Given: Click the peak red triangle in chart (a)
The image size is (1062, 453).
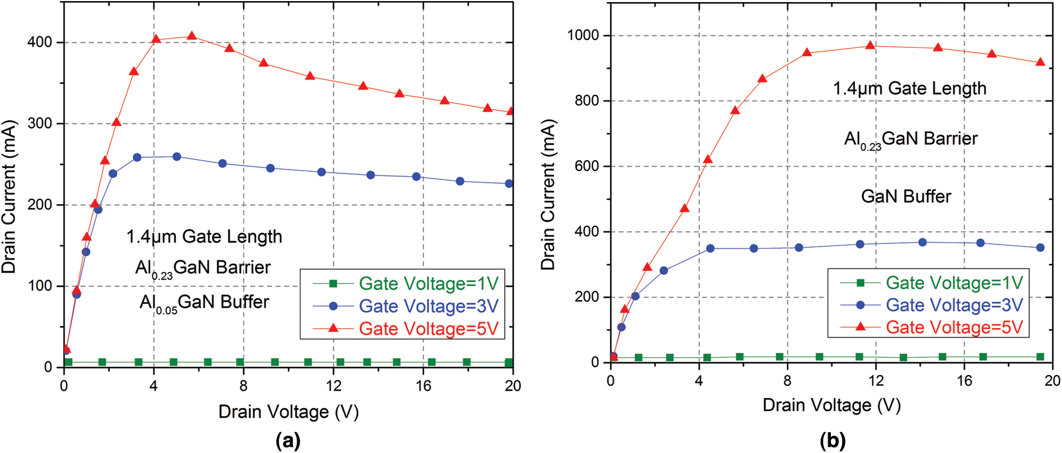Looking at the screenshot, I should point(191,36).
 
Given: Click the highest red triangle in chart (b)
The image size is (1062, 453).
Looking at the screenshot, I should point(870,46).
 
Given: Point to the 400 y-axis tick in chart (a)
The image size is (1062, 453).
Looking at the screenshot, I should point(40,42).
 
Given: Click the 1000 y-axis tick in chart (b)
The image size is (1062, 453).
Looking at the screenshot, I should point(583,35).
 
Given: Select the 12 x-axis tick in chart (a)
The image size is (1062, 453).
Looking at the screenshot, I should point(333,386).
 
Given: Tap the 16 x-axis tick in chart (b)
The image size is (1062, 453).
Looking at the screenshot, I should point(964,381).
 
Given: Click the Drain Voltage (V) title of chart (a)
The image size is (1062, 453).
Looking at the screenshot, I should point(288,412).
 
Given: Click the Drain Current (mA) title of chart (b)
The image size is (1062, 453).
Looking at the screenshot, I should point(548,194).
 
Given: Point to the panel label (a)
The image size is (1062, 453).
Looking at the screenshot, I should point(288,441).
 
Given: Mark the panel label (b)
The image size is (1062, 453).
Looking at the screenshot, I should point(832,441).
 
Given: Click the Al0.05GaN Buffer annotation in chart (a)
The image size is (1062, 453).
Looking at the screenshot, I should point(204,303).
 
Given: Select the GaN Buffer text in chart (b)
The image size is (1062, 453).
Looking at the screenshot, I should point(906,197).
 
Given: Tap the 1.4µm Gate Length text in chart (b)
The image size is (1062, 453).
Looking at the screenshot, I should point(909,89).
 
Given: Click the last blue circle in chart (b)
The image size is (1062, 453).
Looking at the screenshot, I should point(1040,248).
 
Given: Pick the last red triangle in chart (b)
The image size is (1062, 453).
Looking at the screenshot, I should point(1040,63).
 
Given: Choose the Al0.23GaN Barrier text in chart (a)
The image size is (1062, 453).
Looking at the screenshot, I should point(203,268).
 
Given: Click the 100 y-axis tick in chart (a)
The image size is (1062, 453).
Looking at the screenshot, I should point(40,286).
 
